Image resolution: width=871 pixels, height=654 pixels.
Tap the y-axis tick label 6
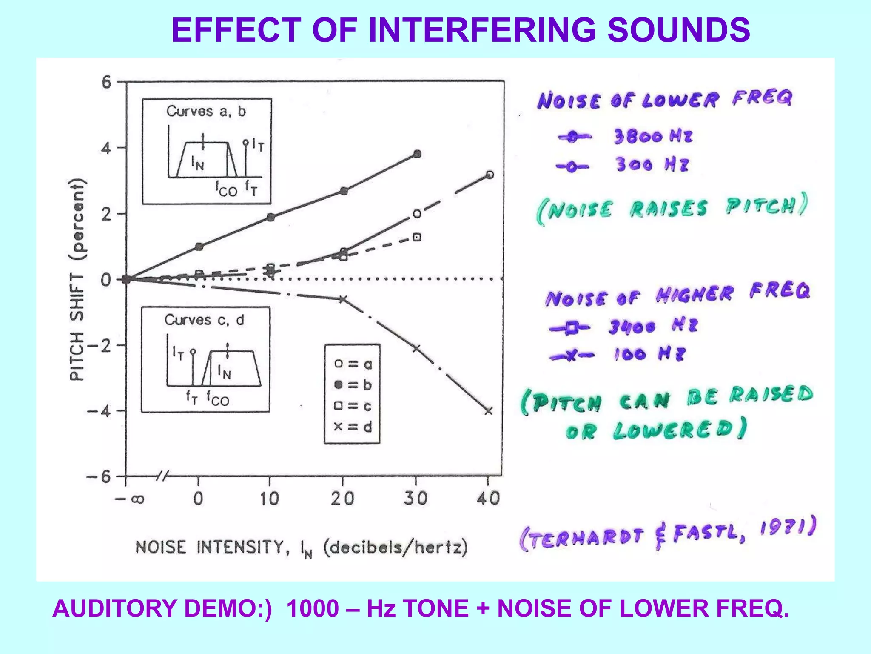click(x=106, y=82)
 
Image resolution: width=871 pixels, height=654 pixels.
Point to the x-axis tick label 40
click(x=488, y=498)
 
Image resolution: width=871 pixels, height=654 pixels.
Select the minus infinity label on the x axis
click(x=130, y=499)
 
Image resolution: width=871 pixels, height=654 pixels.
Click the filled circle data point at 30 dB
click(x=417, y=154)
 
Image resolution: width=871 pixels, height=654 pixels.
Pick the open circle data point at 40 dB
click(x=490, y=175)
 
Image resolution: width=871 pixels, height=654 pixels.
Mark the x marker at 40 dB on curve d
click(x=489, y=411)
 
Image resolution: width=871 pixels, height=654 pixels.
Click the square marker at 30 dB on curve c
click(x=417, y=237)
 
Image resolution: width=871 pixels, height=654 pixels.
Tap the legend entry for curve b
click(x=353, y=385)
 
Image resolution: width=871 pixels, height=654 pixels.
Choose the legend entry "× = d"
click(x=353, y=427)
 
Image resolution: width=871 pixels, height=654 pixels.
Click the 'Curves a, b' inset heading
click(x=206, y=112)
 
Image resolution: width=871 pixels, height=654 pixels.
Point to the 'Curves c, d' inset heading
click(x=205, y=320)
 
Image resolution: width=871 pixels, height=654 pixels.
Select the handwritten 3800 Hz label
click(x=653, y=136)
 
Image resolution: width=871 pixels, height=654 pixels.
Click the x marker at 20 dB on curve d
click(x=343, y=299)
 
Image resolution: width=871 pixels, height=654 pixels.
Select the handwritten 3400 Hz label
click(x=653, y=327)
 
